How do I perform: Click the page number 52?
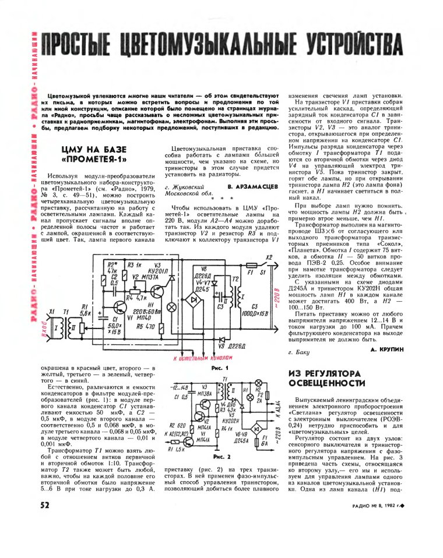(x=44, y=506)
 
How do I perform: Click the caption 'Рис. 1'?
(x=216, y=368)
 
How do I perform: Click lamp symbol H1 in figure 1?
(x=171, y=306)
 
